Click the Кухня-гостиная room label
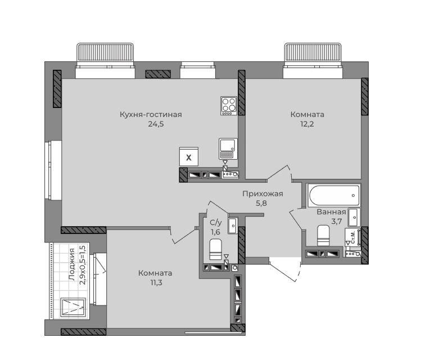(151, 114)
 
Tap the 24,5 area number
(156, 124)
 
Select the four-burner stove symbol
(229, 106)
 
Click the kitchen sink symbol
(228, 148)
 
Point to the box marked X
(189, 156)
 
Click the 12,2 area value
(307, 124)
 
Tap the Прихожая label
(262, 193)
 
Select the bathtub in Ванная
(334, 195)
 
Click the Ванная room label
(331, 211)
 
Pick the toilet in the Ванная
(323, 235)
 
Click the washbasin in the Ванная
(354, 217)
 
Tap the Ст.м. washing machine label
(353, 237)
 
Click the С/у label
(216, 222)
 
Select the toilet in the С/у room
(215, 250)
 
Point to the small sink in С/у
(233, 225)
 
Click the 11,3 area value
(156, 282)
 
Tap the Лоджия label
(71, 264)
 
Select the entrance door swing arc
(298, 269)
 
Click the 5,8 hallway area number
(261, 203)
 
